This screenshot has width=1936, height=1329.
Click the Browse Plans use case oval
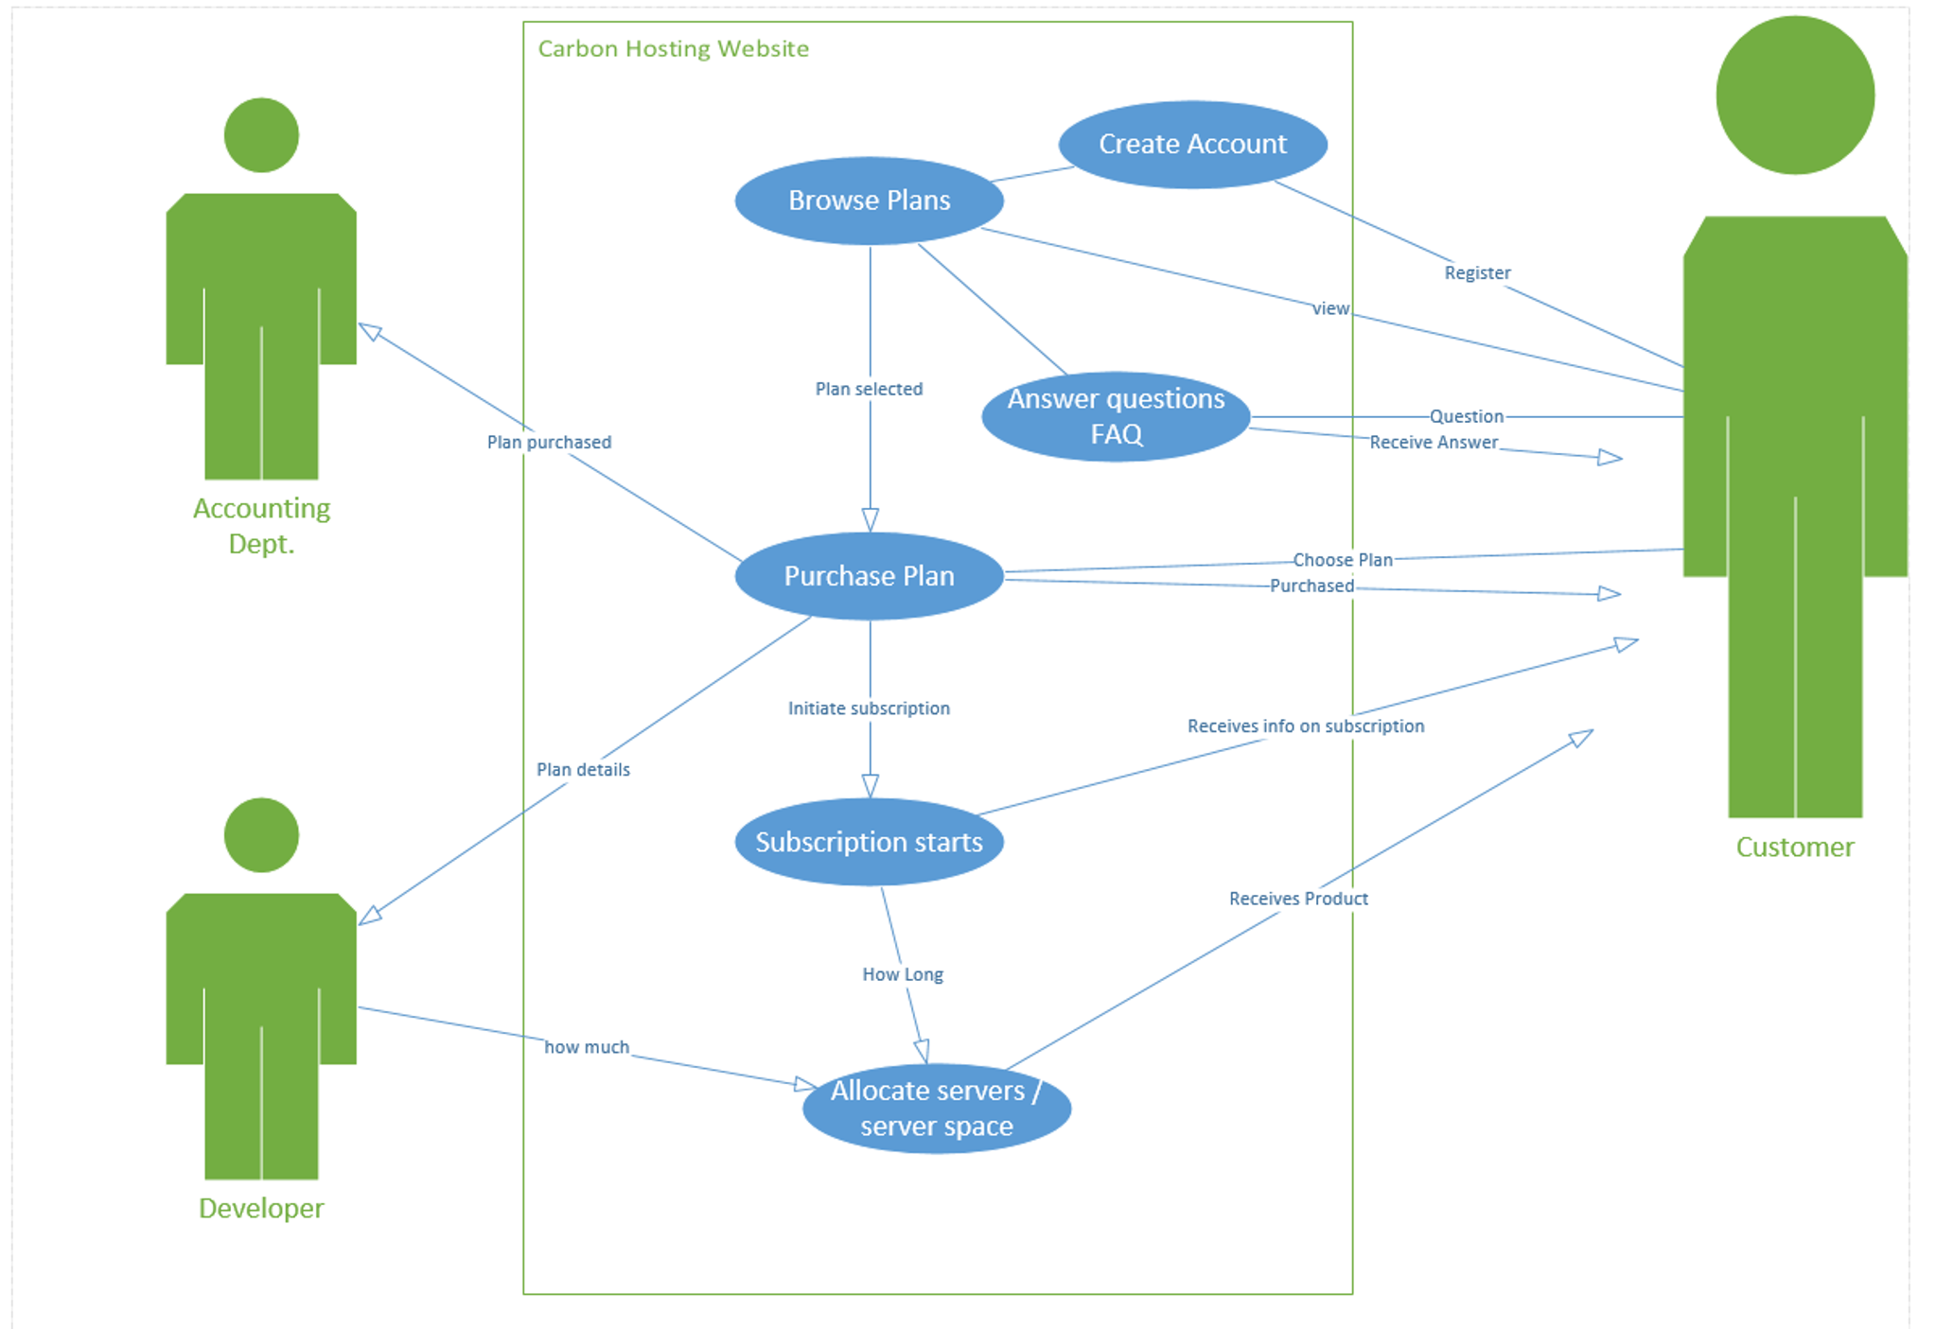click(x=869, y=201)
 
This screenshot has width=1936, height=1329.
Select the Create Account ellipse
click(x=1192, y=144)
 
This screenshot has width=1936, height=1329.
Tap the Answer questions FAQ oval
click(x=1116, y=416)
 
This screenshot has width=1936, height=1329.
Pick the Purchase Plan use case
click(x=869, y=576)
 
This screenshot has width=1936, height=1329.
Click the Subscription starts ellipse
click(x=869, y=842)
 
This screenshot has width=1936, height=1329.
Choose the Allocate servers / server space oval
click(x=936, y=1108)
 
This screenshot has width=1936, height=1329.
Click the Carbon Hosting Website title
click(x=673, y=48)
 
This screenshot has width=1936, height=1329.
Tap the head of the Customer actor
click(x=1794, y=95)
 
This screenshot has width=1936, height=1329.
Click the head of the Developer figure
click(x=261, y=834)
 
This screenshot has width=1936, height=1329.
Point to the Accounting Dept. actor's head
click(x=261, y=135)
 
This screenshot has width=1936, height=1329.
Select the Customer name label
click(x=1794, y=847)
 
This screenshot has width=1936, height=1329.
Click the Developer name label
click(x=261, y=1208)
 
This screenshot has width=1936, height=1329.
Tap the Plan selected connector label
click(x=869, y=389)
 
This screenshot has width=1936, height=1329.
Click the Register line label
click(x=1476, y=272)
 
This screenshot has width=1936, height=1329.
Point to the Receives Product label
click(x=1298, y=899)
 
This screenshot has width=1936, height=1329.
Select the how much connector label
click(x=587, y=1047)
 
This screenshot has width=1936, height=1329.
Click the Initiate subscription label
click(x=869, y=708)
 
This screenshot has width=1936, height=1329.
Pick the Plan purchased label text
click(x=549, y=442)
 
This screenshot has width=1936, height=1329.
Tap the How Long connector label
click(x=902, y=974)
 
